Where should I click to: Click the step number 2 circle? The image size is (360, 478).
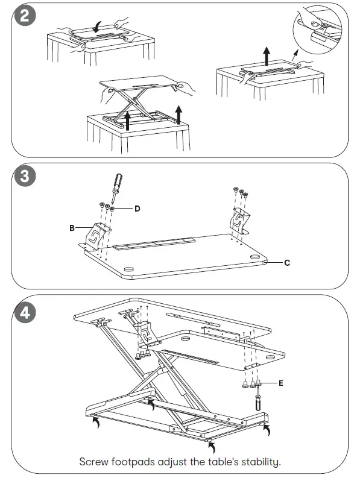[x=25, y=16]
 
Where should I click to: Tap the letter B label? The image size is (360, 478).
[x=72, y=228]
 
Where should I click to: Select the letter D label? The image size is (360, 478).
[x=137, y=209]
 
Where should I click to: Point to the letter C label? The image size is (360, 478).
[x=287, y=263]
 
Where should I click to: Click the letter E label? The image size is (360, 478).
[x=280, y=382]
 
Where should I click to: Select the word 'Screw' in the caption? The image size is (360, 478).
[x=95, y=462]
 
